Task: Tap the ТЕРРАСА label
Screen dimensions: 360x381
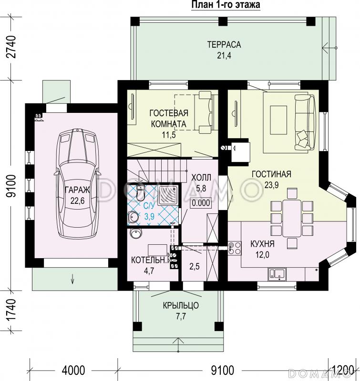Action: coord(224,45)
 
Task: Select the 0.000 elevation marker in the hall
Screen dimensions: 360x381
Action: coord(201,203)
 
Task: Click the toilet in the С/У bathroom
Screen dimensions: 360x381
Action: coord(140,193)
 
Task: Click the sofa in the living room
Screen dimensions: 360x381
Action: coord(306,122)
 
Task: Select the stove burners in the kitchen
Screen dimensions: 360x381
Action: coord(235,248)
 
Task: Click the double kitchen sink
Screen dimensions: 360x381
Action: coord(277,274)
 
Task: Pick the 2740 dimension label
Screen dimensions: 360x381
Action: coord(11,47)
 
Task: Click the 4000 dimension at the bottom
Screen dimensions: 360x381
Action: coord(73,371)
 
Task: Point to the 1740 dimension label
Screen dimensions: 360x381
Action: coord(11,311)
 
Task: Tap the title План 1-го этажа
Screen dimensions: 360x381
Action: coord(226,5)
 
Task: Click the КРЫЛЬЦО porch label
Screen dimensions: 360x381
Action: coord(181,305)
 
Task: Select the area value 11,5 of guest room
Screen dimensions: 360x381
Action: coord(169,134)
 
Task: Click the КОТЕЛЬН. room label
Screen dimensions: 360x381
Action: coord(150,260)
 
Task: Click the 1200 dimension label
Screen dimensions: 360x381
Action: coord(344,371)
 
